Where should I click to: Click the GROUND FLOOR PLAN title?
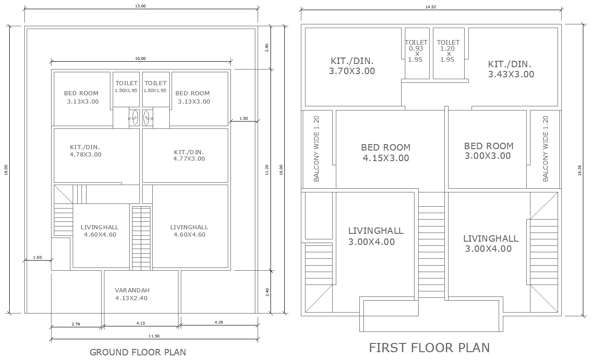click(x=138, y=352)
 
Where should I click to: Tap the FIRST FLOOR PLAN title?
click(x=429, y=348)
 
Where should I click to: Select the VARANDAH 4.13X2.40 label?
click(x=132, y=294)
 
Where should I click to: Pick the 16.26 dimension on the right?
click(x=579, y=170)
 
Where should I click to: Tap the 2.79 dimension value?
click(x=76, y=324)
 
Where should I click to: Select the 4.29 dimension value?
click(x=218, y=322)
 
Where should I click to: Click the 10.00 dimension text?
click(x=140, y=58)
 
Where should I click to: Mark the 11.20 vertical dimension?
click(x=267, y=169)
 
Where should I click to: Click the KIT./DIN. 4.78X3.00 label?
click(x=86, y=151)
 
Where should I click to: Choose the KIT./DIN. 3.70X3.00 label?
click(x=352, y=66)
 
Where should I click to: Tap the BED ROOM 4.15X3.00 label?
click(x=386, y=153)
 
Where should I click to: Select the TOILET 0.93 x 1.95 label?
click(x=416, y=51)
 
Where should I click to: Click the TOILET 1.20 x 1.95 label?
click(x=448, y=51)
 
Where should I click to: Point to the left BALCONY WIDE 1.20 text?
click(x=317, y=149)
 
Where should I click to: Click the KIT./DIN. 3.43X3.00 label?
click(x=511, y=69)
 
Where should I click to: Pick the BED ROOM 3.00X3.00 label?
click(x=488, y=151)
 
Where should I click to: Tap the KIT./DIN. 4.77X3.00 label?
click(x=189, y=155)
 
